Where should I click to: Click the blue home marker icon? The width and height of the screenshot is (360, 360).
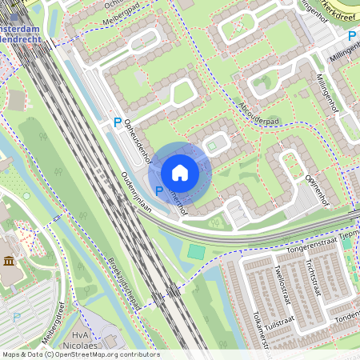point(180,173)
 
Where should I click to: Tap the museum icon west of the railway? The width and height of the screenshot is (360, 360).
point(9,262)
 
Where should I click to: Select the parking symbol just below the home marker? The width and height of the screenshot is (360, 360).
point(158,190)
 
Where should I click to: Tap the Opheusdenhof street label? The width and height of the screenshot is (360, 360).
point(138,135)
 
